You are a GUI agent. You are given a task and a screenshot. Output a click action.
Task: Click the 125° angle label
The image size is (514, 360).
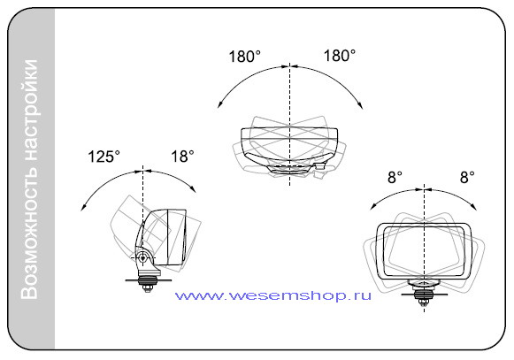click(104, 157)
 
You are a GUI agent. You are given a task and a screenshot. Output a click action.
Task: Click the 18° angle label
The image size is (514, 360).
click(182, 156)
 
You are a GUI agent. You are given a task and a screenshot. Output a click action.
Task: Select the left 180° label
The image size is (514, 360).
click(244, 57)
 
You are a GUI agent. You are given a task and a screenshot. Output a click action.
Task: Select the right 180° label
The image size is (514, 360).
click(340, 56)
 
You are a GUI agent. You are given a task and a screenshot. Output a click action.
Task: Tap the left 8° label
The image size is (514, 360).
click(395, 178)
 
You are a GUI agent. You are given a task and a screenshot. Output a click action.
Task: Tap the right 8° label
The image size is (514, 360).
click(467, 178)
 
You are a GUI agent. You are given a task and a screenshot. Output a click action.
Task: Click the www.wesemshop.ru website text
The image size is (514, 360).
click(273, 295)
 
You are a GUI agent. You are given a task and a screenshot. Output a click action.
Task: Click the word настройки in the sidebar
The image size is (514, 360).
click(29, 111)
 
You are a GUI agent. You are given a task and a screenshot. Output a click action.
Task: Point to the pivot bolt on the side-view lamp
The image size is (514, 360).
click(142, 258)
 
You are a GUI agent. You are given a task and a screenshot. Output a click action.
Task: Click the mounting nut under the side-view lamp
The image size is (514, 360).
click(147, 287)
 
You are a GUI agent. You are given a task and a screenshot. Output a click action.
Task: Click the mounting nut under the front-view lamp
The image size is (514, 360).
click(424, 301)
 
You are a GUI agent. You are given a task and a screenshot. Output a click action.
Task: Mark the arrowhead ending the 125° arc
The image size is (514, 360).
click(83, 208)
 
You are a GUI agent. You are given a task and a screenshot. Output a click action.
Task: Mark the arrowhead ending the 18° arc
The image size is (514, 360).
click(194, 189)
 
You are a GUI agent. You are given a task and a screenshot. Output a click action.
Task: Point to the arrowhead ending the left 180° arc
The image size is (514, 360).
click(220, 105)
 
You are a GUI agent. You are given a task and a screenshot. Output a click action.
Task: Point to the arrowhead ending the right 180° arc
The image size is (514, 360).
click(360, 105)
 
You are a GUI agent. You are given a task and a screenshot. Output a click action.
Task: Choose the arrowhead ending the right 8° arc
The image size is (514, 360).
click(474, 207)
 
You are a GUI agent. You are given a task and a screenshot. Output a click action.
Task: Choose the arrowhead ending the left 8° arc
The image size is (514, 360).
click(373, 207)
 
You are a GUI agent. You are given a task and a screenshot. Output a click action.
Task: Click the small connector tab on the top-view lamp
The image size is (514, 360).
click(319, 165)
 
